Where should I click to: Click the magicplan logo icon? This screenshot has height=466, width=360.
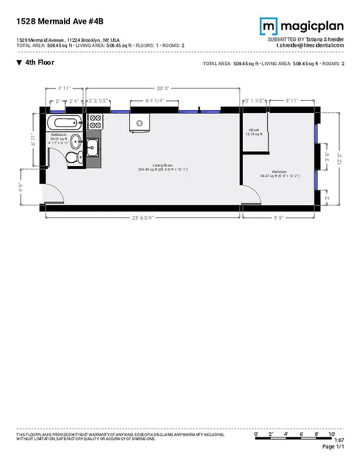[x=269, y=26]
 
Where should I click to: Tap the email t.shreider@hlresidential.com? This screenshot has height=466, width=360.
[x=310, y=45]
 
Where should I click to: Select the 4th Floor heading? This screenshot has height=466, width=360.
[x=40, y=62]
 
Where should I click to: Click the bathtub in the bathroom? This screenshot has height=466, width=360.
[x=65, y=123]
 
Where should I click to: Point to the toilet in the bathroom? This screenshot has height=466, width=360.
[x=72, y=157]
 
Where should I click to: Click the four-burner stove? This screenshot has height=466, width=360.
[x=95, y=122]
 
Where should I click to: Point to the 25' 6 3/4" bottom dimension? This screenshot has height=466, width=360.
[x=143, y=218]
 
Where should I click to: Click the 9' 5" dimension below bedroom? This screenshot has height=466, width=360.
[x=279, y=218]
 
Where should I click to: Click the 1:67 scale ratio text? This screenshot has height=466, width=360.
[x=339, y=440]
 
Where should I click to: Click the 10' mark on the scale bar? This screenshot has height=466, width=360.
[x=331, y=435]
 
